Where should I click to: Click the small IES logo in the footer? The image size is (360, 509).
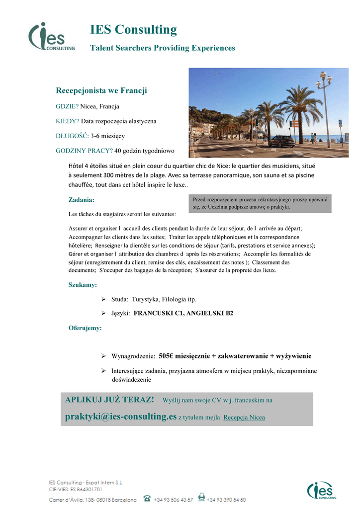pyautogui.click(x=321, y=491)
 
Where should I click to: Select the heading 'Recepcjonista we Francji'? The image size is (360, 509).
pyautogui.click(x=101, y=90)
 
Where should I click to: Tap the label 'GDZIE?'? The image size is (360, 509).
pyautogui.click(x=67, y=106)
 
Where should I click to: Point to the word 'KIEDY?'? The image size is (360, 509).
pyautogui.click(x=68, y=121)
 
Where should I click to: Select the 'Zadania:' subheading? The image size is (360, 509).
pyautogui.click(x=81, y=200)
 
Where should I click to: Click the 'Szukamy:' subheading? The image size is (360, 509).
pyautogui.click(x=83, y=285)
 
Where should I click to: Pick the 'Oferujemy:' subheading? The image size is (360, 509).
pyautogui.click(x=85, y=328)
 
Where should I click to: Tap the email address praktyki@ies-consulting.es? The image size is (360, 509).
pyautogui.click(x=121, y=417)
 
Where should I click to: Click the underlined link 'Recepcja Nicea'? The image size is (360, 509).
pyautogui.click(x=244, y=418)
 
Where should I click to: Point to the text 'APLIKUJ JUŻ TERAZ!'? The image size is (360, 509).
pyautogui.click(x=110, y=400)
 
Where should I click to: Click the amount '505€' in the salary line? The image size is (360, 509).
pyautogui.click(x=166, y=356)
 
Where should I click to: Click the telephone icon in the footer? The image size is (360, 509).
pyautogui.click(x=147, y=498)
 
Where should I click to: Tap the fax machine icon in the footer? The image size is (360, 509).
pyautogui.click(x=201, y=498)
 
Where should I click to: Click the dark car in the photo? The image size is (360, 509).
pyautogui.click(x=281, y=142)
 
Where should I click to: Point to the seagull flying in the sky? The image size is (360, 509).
pyautogui.click(x=217, y=75)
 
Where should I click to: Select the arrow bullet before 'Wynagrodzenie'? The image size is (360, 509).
pyautogui.click(x=103, y=356)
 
